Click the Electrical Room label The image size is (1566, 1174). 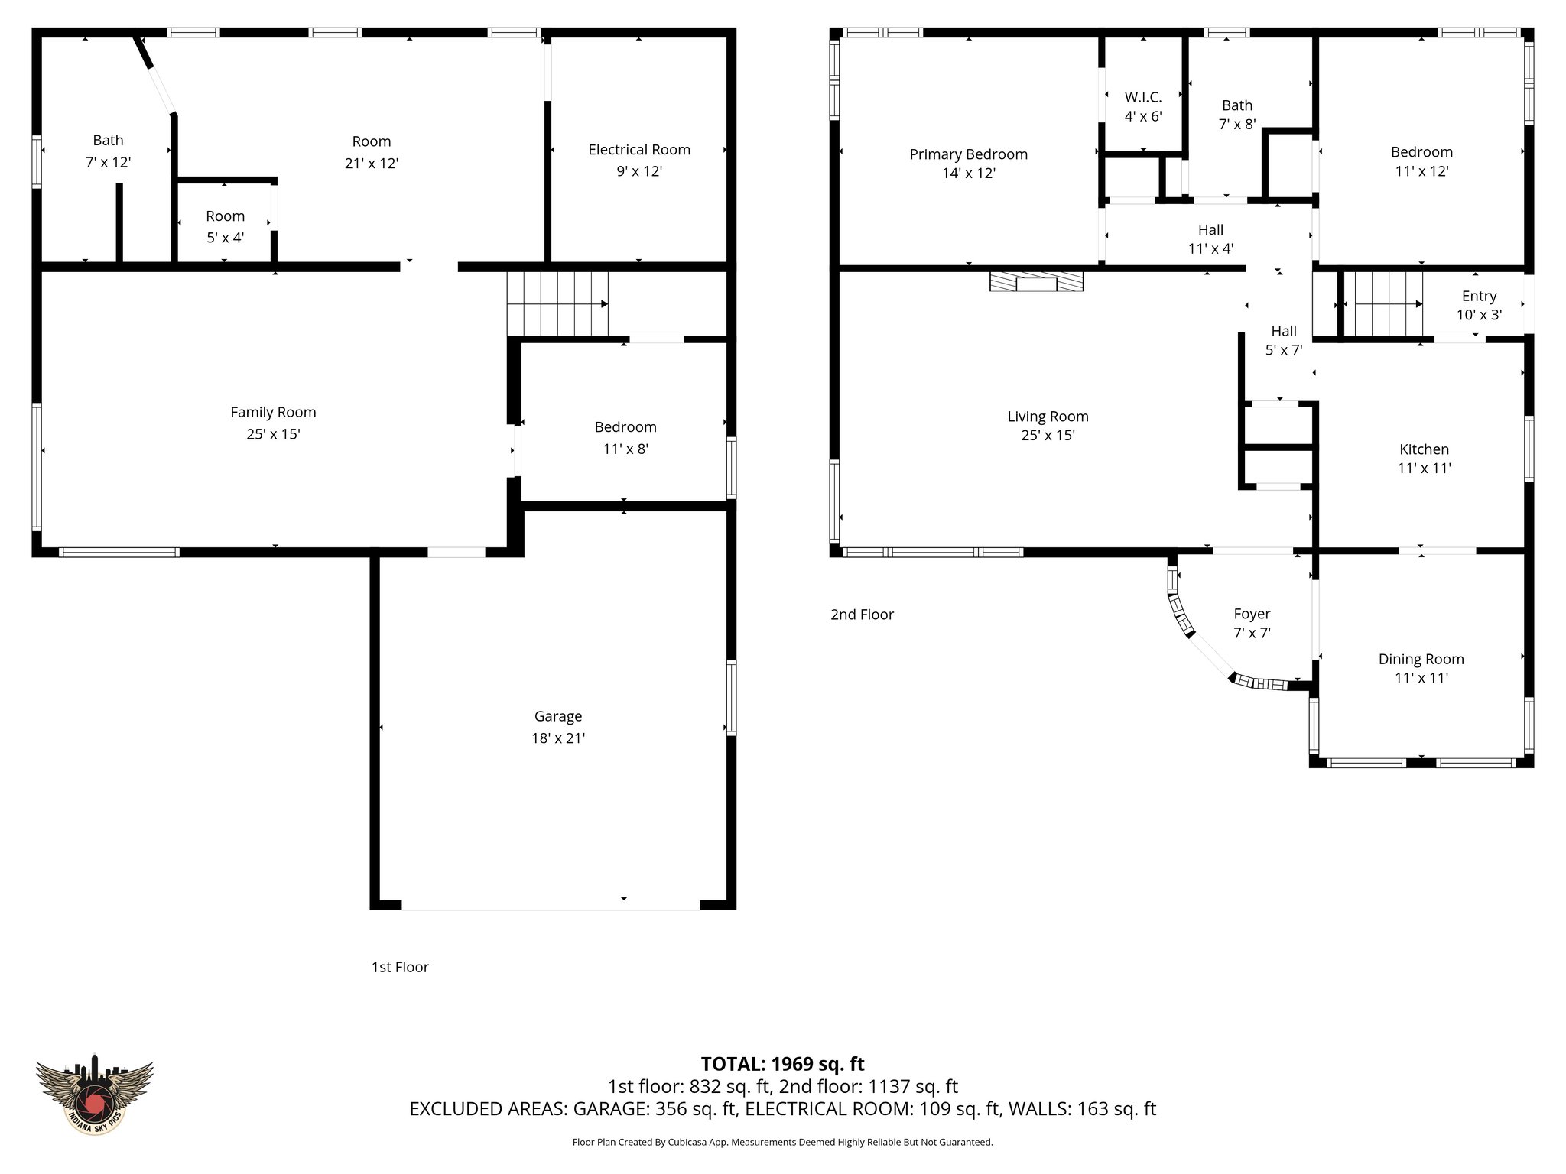[638, 150]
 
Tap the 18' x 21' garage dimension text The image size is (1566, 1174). [558, 738]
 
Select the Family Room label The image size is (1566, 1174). [273, 413]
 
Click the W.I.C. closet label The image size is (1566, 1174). [1142, 98]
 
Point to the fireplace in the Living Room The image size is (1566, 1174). [1036, 282]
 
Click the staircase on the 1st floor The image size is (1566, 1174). [557, 304]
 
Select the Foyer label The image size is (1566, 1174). [1252, 614]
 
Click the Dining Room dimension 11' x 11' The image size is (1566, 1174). [1421, 678]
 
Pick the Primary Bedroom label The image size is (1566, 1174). [968, 154]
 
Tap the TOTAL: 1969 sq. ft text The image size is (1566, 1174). [782, 1064]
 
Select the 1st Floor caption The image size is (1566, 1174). [400, 967]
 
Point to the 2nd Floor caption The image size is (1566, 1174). [862, 615]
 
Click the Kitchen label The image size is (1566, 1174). [1424, 449]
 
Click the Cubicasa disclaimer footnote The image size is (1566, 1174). [782, 1143]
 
